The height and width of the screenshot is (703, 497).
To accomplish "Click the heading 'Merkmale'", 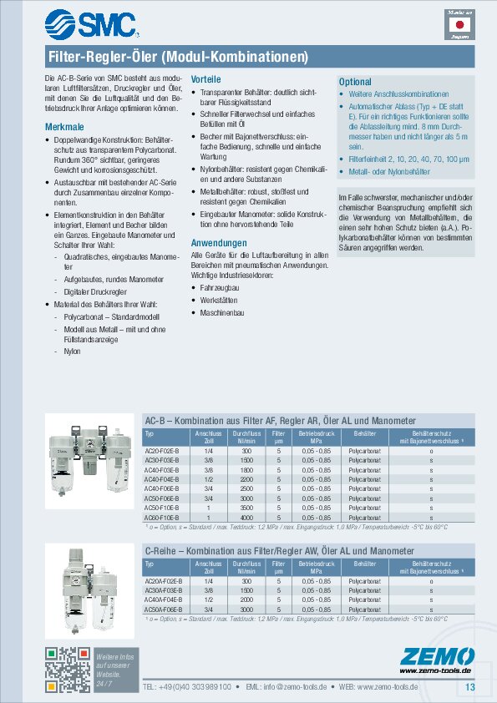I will (x=63, y=126).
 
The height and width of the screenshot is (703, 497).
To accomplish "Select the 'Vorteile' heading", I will (x=206, y=78).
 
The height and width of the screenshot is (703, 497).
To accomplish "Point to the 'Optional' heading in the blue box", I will (x=354, y=82).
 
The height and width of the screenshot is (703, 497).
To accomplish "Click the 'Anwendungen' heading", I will (x=216, y=242).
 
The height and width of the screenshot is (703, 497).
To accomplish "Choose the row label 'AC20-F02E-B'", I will (x=163, y=451).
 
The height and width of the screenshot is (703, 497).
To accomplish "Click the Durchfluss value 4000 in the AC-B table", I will (x=246, y=518).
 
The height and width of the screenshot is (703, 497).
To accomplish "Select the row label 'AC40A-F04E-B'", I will (x=164, y=599).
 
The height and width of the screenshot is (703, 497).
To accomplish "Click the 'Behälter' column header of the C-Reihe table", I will (x=364, y=564).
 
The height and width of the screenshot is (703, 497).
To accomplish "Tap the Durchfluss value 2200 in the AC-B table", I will (x=246, y=479).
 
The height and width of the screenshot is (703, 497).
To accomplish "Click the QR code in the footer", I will (x=67, y=668).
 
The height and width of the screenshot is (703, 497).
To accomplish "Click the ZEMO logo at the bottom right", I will (x=435, y=657).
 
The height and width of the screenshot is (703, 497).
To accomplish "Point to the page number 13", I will (x=469, y=686).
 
